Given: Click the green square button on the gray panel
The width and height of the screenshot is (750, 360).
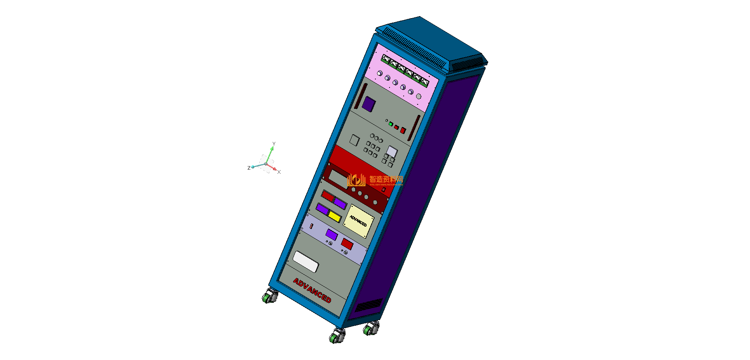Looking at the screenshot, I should click(x=391, y=124).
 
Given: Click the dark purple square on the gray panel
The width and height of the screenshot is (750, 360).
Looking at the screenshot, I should click(x=369, y=104).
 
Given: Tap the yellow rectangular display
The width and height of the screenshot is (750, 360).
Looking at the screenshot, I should click(x=335, y=216).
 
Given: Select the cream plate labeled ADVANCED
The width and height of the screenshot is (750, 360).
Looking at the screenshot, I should click(x=358, y=221).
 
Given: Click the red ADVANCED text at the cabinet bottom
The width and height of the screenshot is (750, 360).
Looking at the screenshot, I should click(x=312, y=290).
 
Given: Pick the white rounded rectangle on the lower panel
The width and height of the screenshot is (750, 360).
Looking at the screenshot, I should click(x=306, y=262).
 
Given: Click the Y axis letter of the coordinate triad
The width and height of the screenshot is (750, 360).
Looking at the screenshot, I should click(x=274, y=144).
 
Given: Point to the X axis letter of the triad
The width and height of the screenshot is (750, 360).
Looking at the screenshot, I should click(x=279, y=172).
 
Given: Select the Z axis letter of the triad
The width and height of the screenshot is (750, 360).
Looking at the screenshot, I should click(x=249, y=168).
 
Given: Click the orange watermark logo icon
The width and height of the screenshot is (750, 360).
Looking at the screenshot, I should click(x=356, y=180).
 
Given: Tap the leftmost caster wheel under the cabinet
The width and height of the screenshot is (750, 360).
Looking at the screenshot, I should click(x=269, y=297).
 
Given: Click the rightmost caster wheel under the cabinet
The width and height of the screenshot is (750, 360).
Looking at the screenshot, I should click(x=371, y=329).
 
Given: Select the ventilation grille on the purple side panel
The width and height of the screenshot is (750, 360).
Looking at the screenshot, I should click(x=369, y=305).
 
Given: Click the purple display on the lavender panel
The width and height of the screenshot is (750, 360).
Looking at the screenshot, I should click(x=331, y=235).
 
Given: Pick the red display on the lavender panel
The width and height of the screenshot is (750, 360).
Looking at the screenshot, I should click(x=347, y=243).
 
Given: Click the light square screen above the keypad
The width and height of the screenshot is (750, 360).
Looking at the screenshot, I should click(x=392, y=152).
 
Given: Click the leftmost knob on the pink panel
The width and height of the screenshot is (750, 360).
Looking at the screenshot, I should click(x=379, y=73).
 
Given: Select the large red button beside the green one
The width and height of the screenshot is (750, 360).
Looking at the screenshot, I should click(x=403, y=131).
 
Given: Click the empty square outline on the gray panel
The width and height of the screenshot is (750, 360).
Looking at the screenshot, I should click(x=354, y=140).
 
